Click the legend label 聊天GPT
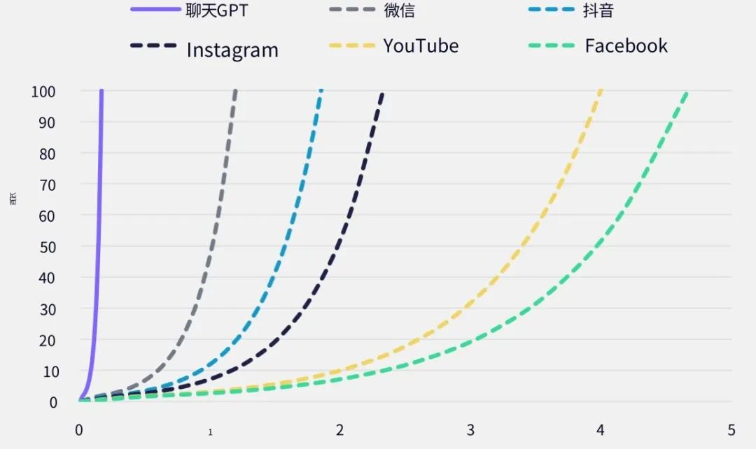(216, 10)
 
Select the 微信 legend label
(399, 10)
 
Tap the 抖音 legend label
(598, 10)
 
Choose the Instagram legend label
(232, 50)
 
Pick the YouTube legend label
(421, 46)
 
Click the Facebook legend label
(626, 46)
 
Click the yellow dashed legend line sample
(352, 46)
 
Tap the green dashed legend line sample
(551, 46)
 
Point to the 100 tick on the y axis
(44, 92)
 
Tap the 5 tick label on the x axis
(731, 429)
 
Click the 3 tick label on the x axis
(470, 429)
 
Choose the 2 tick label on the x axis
(339, 429)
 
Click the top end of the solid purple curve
(101, 92)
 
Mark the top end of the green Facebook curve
(687, 92)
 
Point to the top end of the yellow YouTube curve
(601, 92)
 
